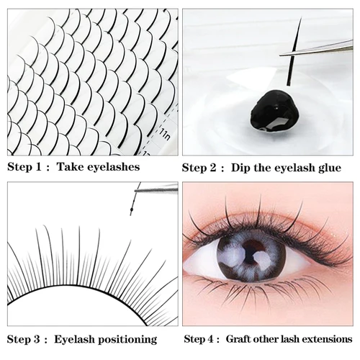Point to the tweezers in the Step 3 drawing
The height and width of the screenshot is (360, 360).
click(x=158, y=188)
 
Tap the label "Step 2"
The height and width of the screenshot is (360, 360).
click(x=199, y=168)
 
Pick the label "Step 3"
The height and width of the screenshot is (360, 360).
click(x=24, y=338)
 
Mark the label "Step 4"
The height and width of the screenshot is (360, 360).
click(x=200, y=338)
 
